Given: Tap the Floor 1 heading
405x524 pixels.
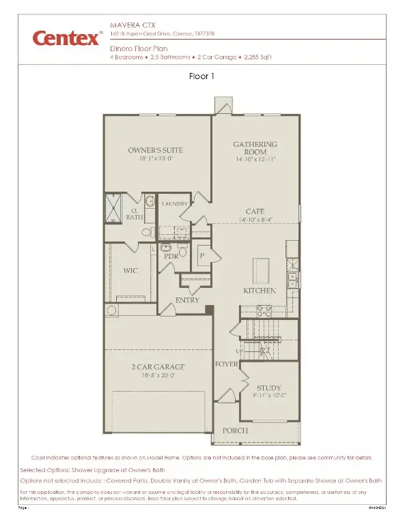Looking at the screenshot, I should tap(201, 76).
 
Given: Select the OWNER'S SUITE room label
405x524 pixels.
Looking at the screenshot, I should tap(156, 150).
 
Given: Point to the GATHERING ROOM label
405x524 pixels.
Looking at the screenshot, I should tap(256, 148).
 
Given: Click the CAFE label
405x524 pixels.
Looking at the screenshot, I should tap(255, 212).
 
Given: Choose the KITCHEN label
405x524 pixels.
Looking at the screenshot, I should tap(260, 291).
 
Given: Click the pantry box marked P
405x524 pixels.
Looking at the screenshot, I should tap(201, 256).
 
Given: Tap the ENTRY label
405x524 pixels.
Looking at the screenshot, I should tap(187, 300).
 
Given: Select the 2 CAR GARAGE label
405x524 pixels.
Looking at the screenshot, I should tap(158, 367).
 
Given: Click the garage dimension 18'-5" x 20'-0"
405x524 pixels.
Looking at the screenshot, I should tap(158, 376).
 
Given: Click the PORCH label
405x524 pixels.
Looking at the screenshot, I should tap(234, 431).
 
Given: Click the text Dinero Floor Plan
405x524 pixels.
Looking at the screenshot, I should tap(138, 50).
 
